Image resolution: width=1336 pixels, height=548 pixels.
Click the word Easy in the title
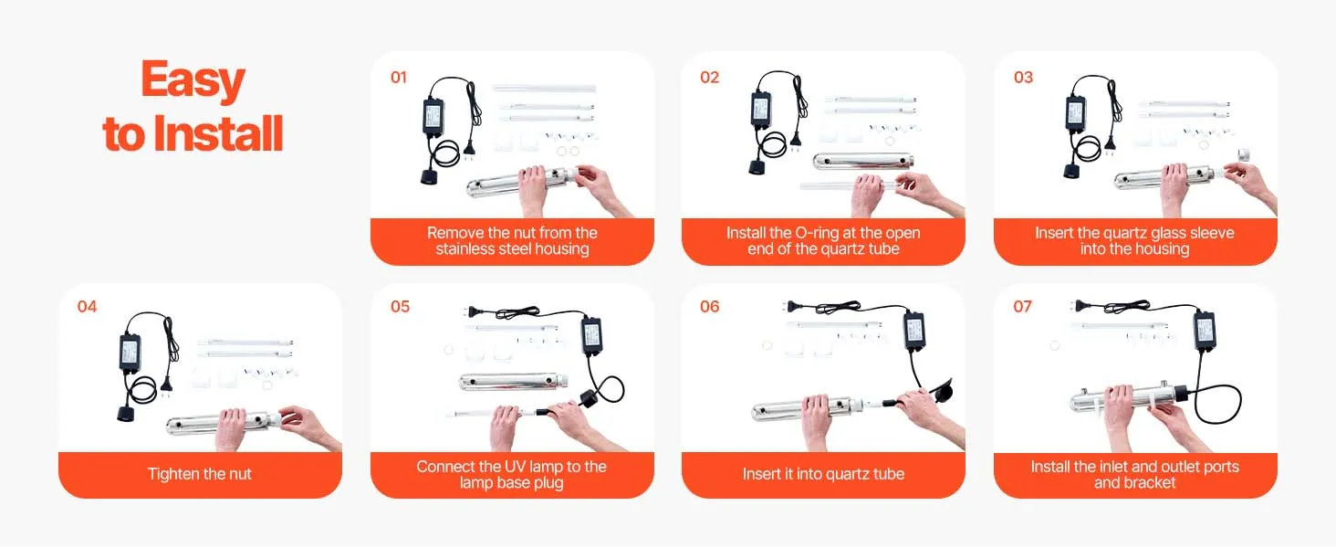click(x=193, y=80)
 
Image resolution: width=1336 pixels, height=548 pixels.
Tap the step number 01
click(x=399, y=78)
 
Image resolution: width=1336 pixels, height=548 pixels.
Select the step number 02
click(x=710, y=78)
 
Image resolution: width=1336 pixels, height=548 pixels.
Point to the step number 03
click(x=1024, y=78)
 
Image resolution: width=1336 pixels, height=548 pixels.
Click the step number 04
click(x=87, y=307)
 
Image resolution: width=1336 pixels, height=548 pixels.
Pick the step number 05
click(x=401, y=307)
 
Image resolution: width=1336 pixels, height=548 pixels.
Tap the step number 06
click(x=710, y=307)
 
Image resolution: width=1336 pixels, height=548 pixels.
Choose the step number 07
click(x=1022, y=307)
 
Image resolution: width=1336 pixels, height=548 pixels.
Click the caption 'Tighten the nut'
click(x=200, y=474)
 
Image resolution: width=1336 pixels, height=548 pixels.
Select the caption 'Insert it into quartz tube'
click(x=823, y=474)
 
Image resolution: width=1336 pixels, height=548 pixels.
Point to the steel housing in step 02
click(x=863, y=161)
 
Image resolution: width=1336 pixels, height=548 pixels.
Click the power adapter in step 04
click(x=130, y=353)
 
